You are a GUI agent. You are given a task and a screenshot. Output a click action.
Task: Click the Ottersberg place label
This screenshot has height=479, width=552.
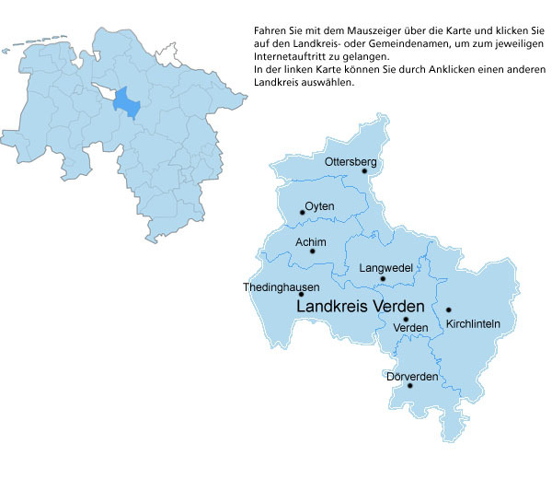point(351,162)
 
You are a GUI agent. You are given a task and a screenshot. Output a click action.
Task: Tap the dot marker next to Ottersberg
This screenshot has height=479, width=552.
point(364,171)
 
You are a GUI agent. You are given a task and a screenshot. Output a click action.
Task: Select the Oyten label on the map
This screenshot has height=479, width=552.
point(319,205)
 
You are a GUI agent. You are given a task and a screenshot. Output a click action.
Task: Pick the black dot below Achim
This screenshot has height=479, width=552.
point(313,251)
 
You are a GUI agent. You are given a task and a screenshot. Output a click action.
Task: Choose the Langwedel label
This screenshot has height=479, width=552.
point(384,267)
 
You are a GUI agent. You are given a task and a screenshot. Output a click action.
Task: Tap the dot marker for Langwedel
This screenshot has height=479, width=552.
point(383,278)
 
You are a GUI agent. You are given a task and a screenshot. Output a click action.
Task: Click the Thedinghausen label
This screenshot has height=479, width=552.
point(281,287)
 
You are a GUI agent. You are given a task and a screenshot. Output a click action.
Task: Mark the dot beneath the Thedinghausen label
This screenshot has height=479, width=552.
point(301,295)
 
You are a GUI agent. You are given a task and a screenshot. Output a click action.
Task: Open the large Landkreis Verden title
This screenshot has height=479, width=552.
point(360,306)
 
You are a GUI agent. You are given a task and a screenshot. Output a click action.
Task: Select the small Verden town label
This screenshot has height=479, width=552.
point(410,328)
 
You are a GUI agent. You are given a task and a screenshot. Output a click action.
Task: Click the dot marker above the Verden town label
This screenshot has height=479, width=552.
point(406,319)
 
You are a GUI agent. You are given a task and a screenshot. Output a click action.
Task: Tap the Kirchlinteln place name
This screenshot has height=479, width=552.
point(472,323)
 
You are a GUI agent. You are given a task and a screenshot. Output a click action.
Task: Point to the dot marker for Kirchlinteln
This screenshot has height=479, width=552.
point(448,310)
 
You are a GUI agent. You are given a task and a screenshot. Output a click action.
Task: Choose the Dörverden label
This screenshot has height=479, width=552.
point(411,376)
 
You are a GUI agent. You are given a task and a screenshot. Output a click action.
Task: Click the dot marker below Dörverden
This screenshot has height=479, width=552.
point(410,385)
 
